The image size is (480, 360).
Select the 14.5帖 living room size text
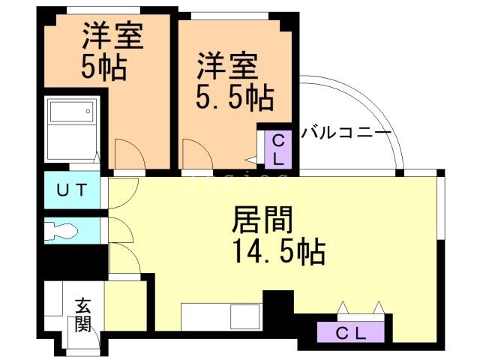pyautogui.click(x=277, y=251)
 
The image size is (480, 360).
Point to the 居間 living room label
pyautogui.click(x=262, y=220)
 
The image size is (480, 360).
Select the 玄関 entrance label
pyautogui.click(x=82, y=315)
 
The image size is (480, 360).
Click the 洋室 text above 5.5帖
pyautogui.click(x=228, y=65)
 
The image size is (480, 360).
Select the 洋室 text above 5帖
pyautogui.click(x=112, y=36)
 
